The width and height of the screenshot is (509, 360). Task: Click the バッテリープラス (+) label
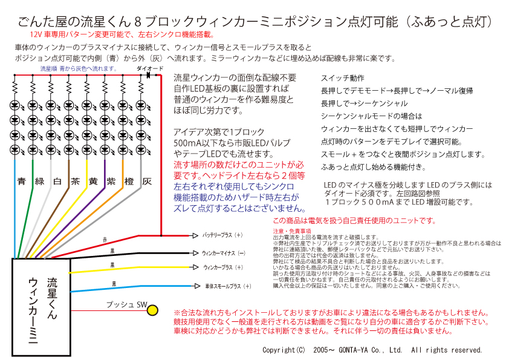[x=222, y=235]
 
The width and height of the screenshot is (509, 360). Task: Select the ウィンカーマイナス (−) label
[x=224, y=253]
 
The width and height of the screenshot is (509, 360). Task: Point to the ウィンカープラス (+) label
[x=223, y=267]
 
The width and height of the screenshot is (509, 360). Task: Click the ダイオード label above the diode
[x=150, y=69]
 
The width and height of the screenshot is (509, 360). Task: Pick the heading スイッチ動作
[x=342, y=78]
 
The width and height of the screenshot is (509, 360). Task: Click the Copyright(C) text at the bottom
[x=284, y=350]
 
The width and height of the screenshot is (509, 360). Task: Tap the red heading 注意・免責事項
[x=292, y=231]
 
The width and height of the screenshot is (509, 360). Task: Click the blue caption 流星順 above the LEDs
[x=49, y=69]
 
